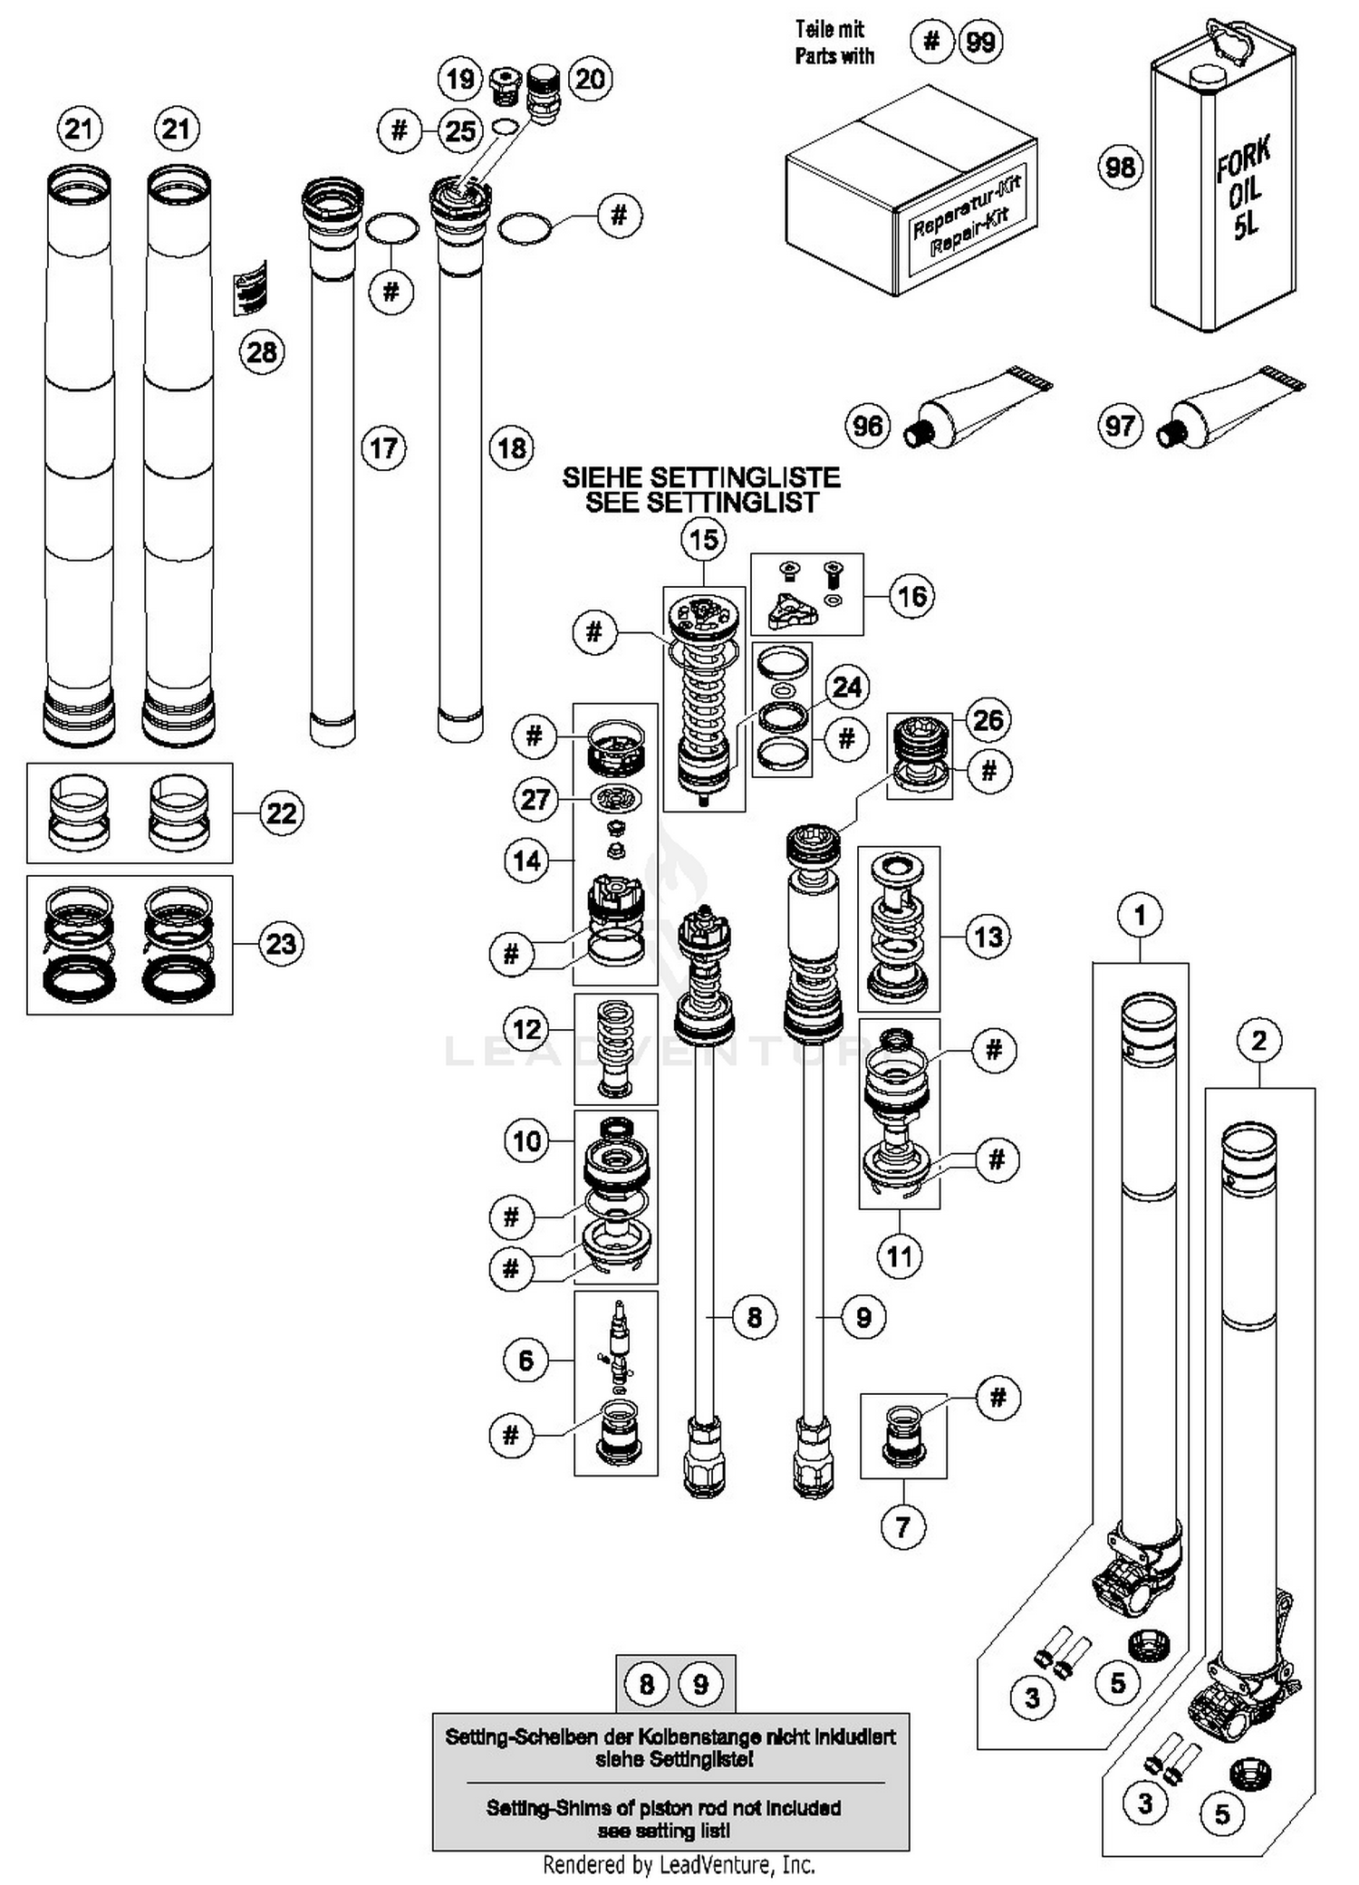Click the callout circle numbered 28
click(x=262, y=351)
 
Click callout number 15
click(x=704, y=541)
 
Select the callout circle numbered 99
click(x=981, y=42)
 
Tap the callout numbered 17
click(x=383, y=448)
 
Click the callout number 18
click(x=512, y=448)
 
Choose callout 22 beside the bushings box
click(x=281, y=813)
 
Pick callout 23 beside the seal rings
click(x=281, y=944)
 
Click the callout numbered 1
click(x=1140, y=915)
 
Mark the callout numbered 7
click(x=902, y=1527)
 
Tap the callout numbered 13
click(x=988, y=936)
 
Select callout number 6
click(x=526, y=1360)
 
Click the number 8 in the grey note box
click(x=646, y=1684)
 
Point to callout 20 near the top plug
click(x=590, y=79)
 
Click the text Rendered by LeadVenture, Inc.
click(x=679, y=1865)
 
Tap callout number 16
click(x=911, y=596)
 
